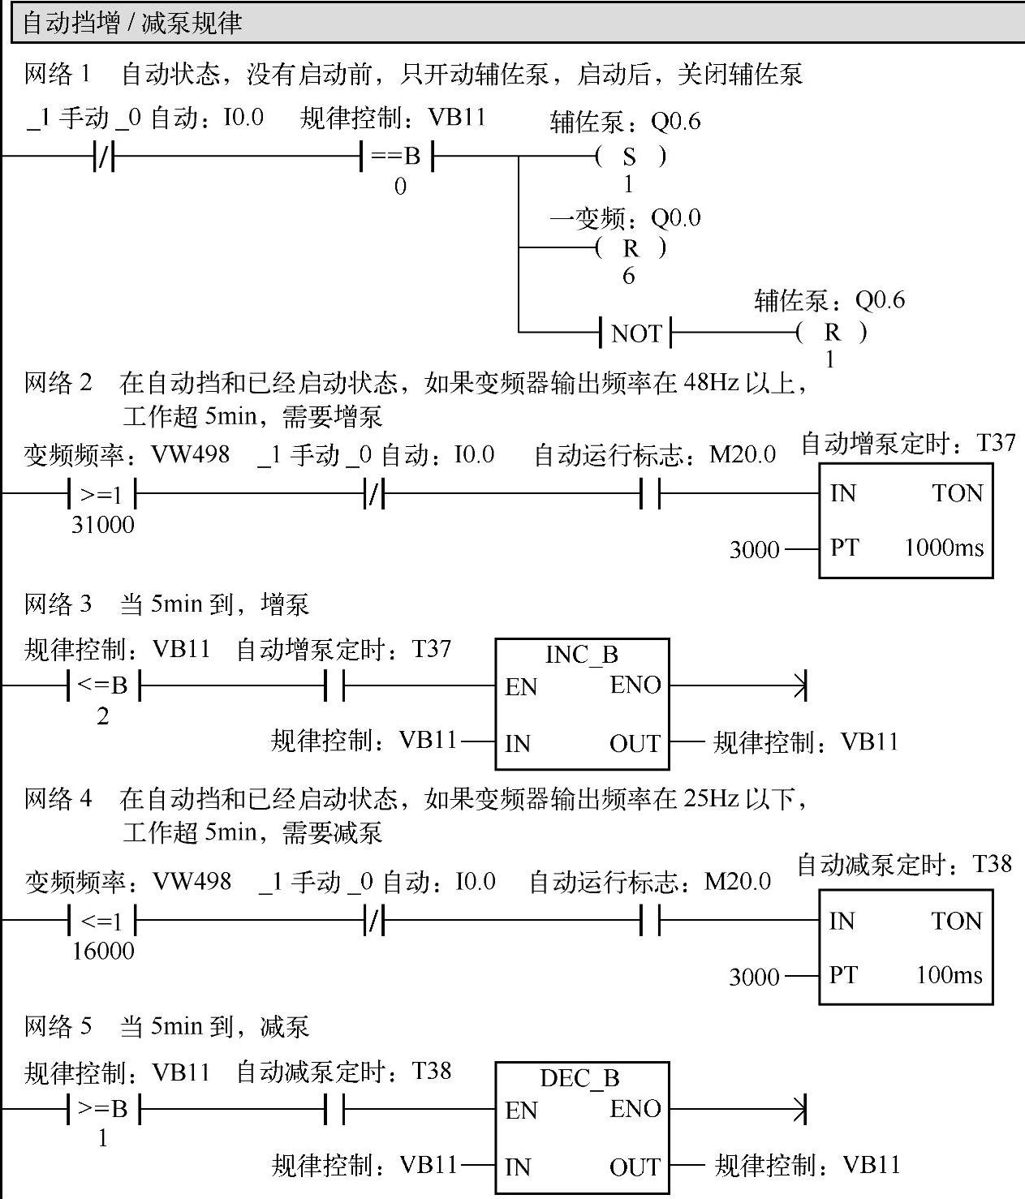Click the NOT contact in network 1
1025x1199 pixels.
636,333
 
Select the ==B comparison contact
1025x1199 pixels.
396,157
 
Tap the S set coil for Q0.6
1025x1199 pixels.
629,157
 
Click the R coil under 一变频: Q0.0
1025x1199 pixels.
630,248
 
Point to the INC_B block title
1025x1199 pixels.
581,654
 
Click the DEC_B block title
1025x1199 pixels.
579,1078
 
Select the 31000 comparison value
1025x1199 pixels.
102,525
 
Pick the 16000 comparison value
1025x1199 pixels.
102,951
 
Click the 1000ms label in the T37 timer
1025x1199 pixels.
944,548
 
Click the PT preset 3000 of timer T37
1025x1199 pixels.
754,550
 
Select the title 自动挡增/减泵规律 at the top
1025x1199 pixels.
131,23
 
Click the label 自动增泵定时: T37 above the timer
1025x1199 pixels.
907,443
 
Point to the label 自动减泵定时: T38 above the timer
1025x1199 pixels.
904,864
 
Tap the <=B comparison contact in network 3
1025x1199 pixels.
103,686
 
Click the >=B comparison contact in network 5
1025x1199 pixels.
103,1109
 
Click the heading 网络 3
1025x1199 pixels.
58,604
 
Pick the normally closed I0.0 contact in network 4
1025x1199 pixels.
373,922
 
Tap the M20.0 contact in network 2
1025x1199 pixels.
649,493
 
